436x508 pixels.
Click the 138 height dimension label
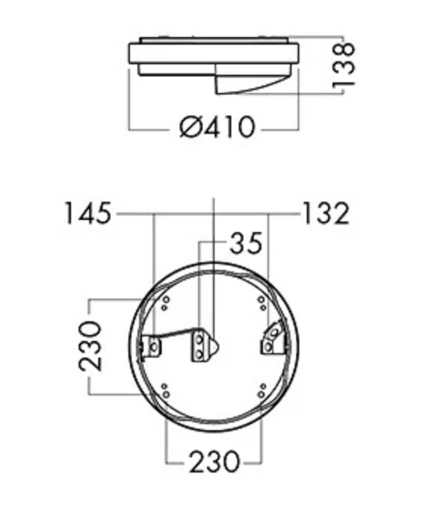pos(344,65)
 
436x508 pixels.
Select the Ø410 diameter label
pos(217,127)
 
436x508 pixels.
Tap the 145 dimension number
pos(88,213)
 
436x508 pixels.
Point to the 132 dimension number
pos(326,213)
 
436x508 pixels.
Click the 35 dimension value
pos(246,243)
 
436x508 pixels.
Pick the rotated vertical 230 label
pos(90,345)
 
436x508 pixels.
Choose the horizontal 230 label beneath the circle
pos(215,462)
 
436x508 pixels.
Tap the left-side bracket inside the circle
pos(152,347)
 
